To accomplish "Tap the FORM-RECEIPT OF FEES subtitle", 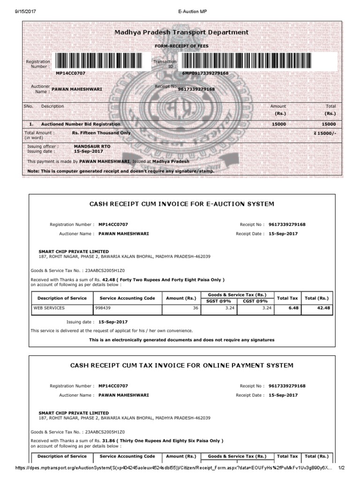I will (182, 46).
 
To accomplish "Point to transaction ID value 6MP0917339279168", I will (205, 74).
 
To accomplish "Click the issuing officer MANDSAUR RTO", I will (90, 146).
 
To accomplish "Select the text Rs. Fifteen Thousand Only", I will (101, 133).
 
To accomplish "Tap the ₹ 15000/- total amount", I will (324, 134).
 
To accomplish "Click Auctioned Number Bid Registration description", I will (81, 124).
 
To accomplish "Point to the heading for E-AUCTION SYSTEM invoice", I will (182, 204).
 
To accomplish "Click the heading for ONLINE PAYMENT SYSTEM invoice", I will (182, 365).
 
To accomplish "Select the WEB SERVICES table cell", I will (49, 308).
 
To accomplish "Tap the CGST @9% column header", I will (255, 301).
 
